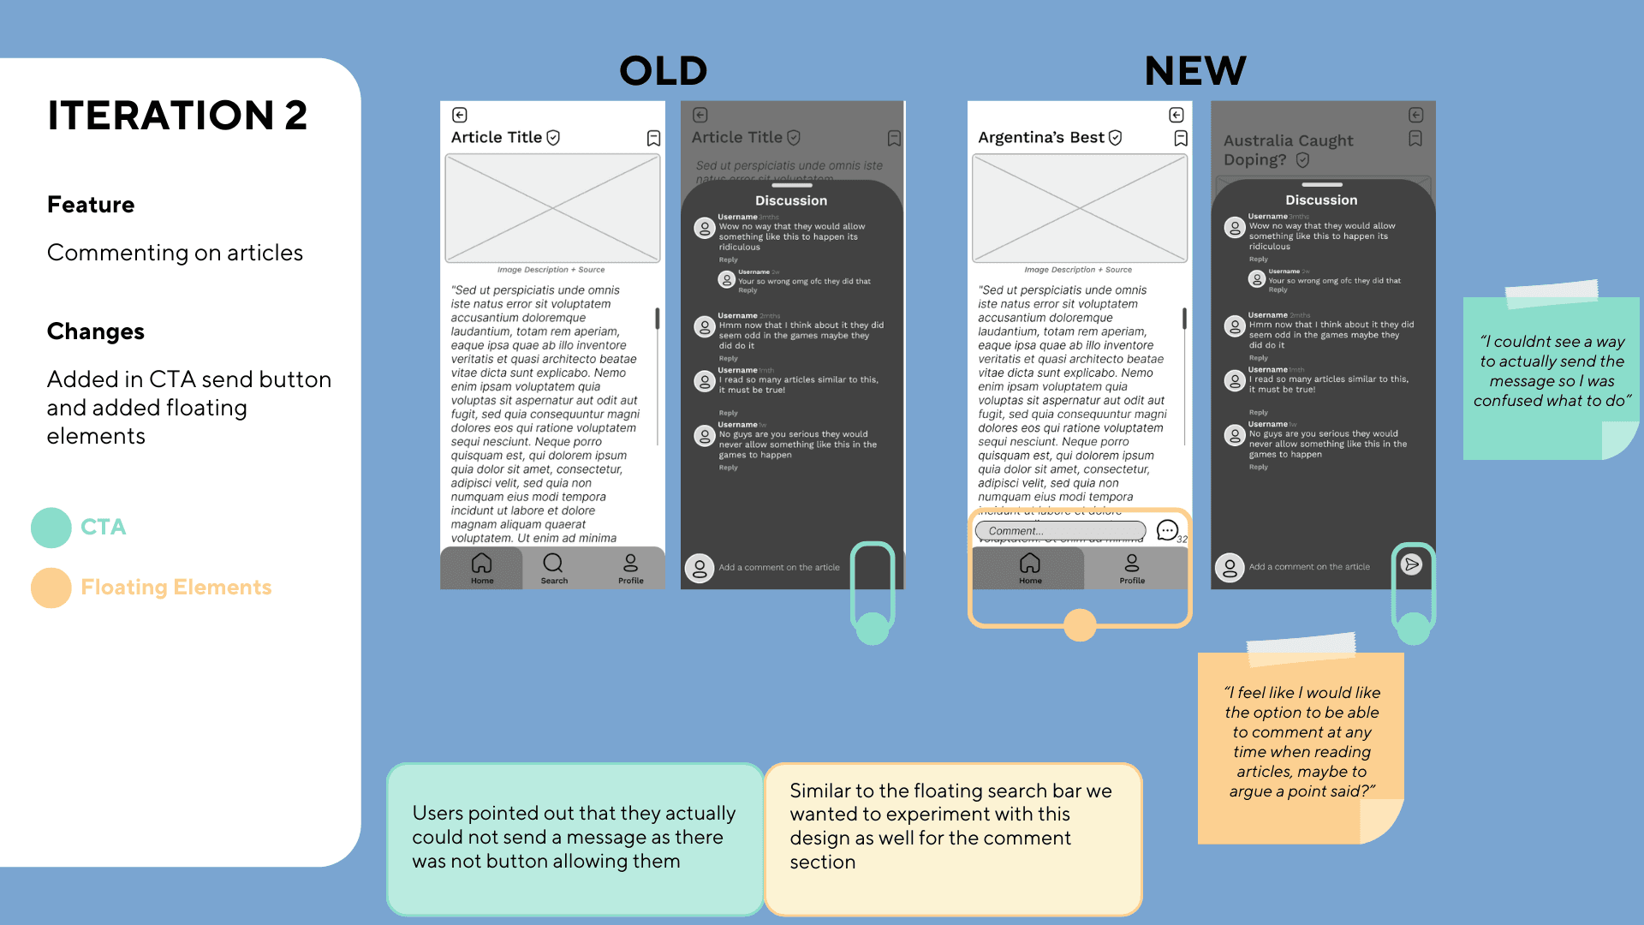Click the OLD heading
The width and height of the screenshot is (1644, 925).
[x=664, y=71]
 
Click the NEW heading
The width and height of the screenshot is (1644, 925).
[x=1195, y=71]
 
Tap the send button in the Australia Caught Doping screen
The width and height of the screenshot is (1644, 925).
[x=1412, y=564]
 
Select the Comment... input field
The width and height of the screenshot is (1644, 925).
[x=1060, y=531]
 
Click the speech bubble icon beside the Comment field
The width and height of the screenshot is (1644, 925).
[x=1166, y=530]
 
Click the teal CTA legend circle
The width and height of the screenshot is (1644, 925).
[x=51, y=528]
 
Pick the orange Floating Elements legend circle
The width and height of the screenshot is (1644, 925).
[x=51, y=588]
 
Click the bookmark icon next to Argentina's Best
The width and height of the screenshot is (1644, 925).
[x=1181, y=138]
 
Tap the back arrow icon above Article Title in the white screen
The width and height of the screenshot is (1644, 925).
[x=460, y=115]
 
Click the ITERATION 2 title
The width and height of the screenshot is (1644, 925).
[x=177, y=116]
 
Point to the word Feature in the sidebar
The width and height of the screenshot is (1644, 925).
[x=91, y=205]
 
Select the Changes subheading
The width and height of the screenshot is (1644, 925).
[x=96, y=331]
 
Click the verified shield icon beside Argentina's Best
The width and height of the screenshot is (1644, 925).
[x=1115, y=138]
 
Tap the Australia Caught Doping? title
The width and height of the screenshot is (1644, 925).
[x=1289, y=150]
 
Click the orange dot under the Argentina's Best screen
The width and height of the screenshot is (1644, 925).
[x=1080, y=625]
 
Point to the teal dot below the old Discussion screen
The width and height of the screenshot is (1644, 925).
[x=873, y=629]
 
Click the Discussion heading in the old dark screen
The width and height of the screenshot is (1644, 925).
[x=791, y=200]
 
